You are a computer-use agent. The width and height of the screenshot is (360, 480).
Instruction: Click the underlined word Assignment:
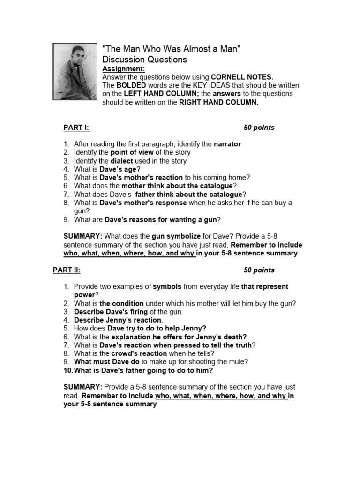click(120, 69)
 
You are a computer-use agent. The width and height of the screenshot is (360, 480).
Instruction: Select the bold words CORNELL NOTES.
click(242, 77)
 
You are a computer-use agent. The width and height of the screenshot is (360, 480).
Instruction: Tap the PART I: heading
click(76, 127)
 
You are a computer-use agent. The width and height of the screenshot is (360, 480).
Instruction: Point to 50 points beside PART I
click(259, 127)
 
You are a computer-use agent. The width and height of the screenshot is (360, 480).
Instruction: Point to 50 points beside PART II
click(259, 270)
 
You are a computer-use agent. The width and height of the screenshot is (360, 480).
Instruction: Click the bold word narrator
click(227, 144)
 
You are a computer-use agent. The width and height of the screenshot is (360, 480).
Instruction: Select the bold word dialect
click(122, 161)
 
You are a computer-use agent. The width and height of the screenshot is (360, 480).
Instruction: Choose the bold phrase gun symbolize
click(176, 236)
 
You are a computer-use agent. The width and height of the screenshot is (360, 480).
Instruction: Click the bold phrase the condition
click(121, 303)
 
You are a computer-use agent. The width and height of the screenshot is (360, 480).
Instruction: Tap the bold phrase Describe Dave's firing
click(111, 312)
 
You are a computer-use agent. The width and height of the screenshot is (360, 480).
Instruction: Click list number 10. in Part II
click(68, 371)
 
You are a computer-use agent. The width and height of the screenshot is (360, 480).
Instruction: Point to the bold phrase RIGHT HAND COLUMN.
click(219, 102)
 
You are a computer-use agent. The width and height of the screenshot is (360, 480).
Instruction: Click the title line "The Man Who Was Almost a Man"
click(171, 49)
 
